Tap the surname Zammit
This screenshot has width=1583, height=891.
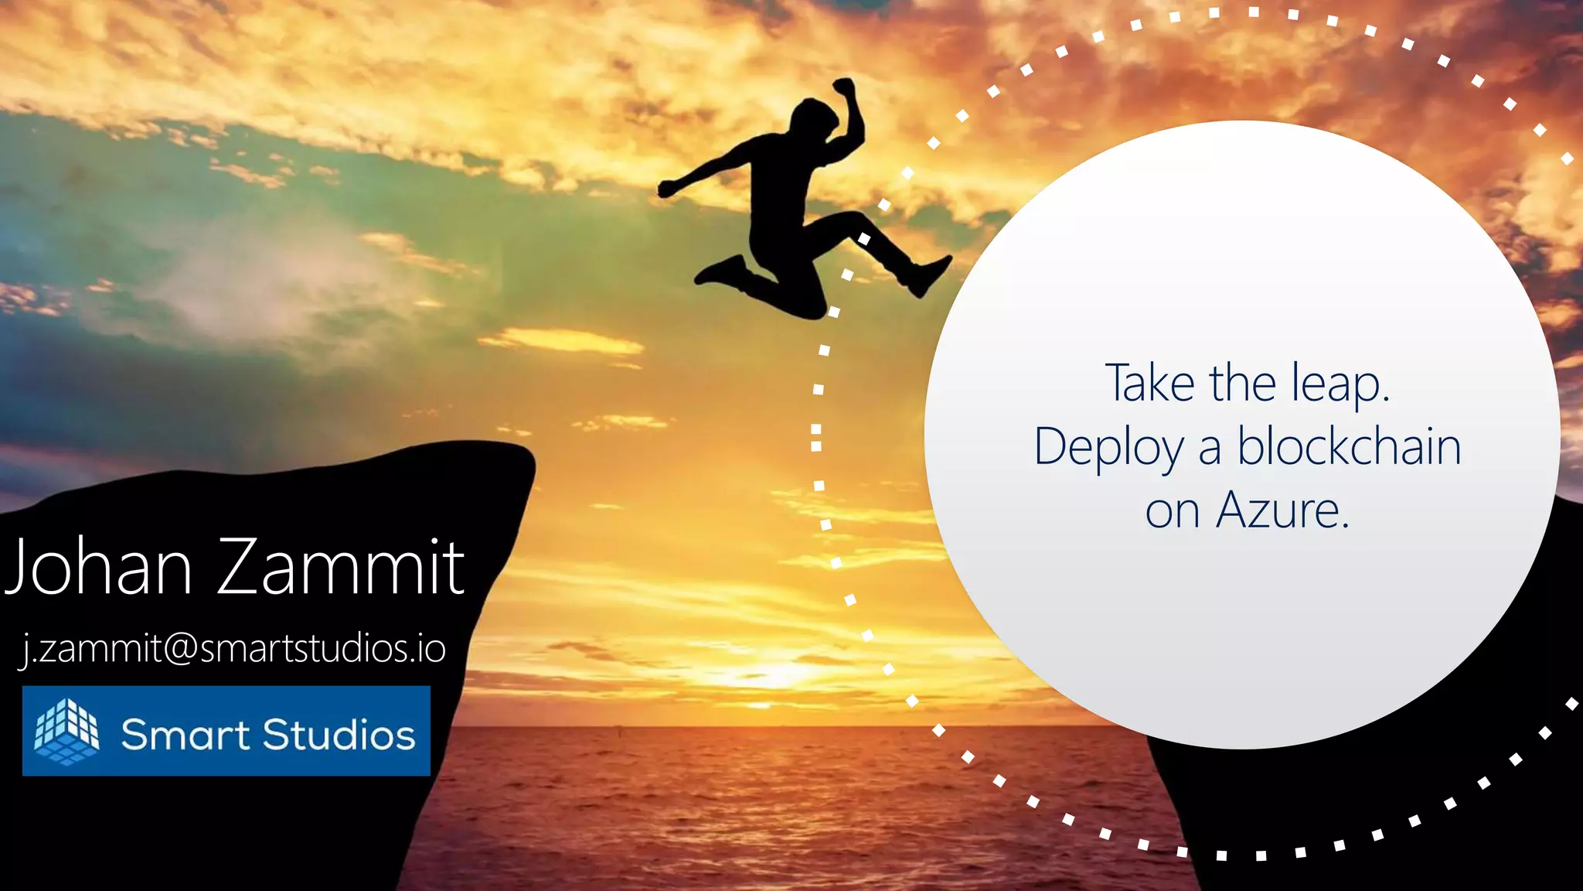tap(341, 567)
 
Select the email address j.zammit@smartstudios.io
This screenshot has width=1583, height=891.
tap(233, 648)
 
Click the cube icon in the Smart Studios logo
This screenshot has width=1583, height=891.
tap(66, 731)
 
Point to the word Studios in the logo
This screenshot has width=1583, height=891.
tap(339, 734)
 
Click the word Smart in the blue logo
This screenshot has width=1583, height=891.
tap(185, 734)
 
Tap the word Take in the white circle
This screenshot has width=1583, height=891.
tap(1150, 383)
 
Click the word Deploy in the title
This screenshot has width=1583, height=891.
tap(1108, 448)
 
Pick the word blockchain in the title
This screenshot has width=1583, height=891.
tap(1349, 447)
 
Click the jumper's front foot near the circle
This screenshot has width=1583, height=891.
tap(928, 275)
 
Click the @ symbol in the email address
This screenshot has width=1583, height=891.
tap(181, 648)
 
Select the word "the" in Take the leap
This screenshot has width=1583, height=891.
tap(1242, 383)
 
